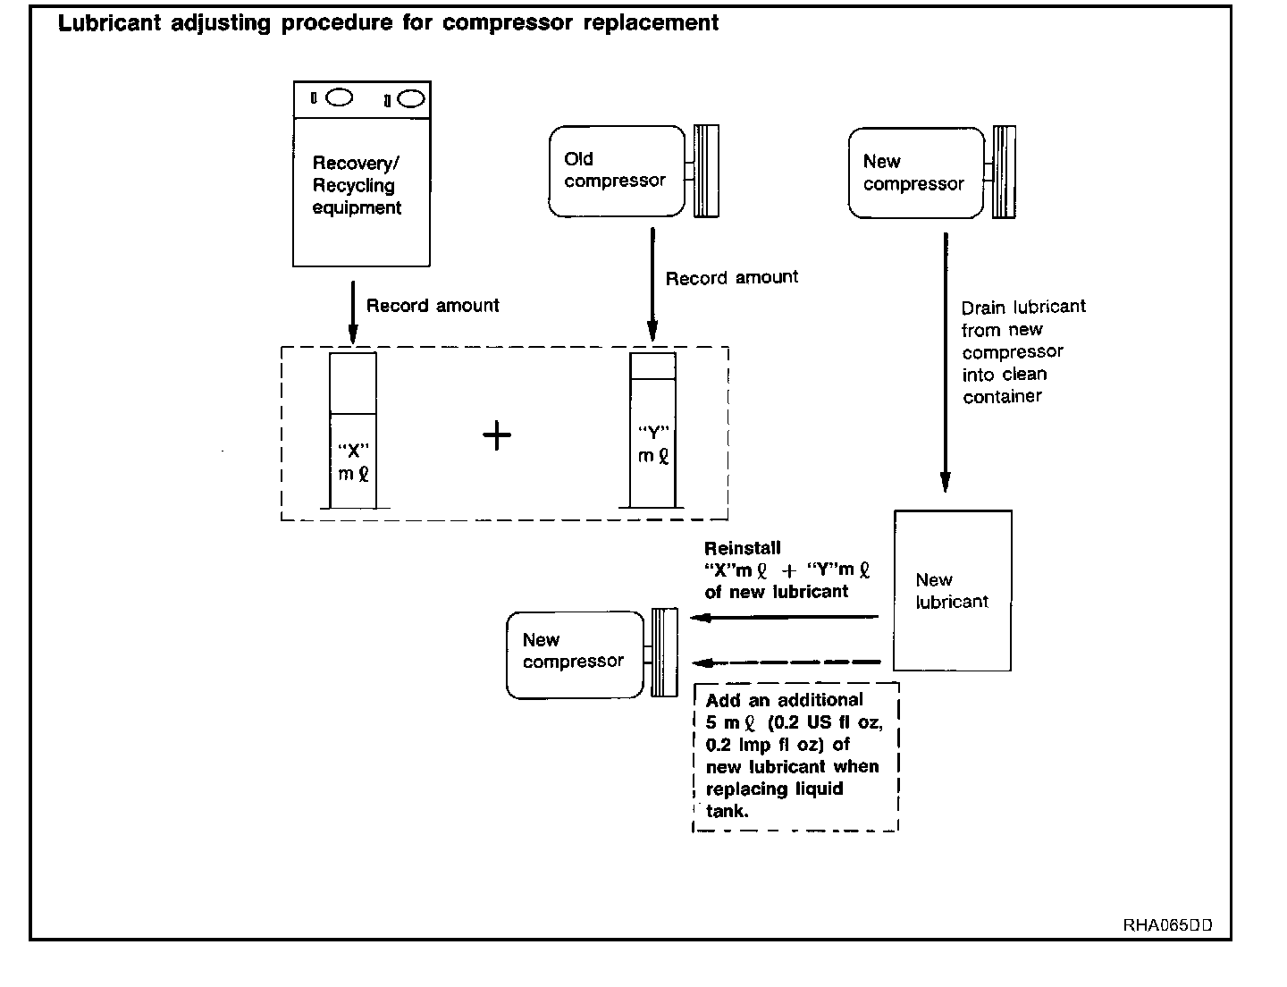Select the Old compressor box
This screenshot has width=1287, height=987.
point(617,170)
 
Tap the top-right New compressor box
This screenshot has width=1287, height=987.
point(916,173)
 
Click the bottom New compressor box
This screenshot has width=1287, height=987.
point(575,654)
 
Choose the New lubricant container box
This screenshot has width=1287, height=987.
point(953,591)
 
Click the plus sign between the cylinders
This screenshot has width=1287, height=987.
point(497,436)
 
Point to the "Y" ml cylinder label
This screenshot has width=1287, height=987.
point(653,444)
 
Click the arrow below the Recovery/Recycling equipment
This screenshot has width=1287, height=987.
point(353,312)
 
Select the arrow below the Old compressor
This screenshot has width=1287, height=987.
point(652,284)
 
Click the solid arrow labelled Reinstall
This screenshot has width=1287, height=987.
point(786,617)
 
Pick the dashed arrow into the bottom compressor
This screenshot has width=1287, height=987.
point(786,662)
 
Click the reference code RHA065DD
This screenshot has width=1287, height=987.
point(1167,925)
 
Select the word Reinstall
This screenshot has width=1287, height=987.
point(742,548)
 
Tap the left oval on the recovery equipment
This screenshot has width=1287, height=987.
point(339,97)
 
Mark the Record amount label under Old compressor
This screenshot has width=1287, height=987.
point(732,278)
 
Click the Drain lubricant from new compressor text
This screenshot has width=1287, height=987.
point(1022,351)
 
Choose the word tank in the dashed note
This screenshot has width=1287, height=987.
point(726,812)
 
